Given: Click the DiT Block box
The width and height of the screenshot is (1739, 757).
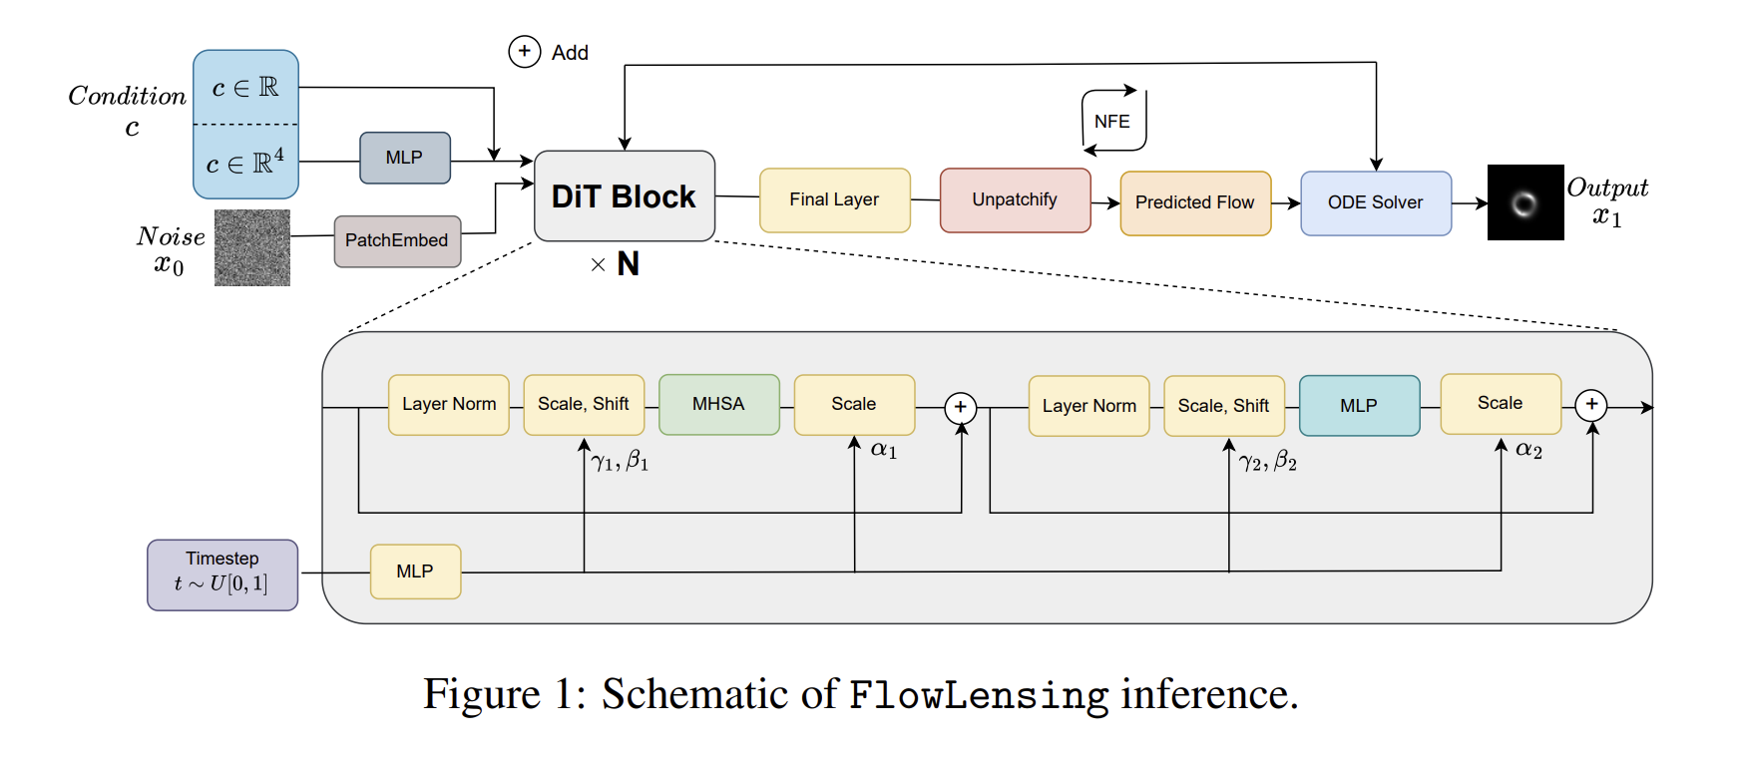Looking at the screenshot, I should pyautogui.click(x=625, y=196).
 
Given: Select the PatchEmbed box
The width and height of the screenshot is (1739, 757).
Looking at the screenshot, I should pyautogui.click(x=397, y=240).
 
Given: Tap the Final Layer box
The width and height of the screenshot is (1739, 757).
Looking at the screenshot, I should pyautogui.click(x=834, y=200).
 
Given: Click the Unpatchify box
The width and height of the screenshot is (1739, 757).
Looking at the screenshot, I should pyautogui.click(x=1015, y=200).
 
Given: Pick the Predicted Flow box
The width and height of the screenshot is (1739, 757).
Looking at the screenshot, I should pyautogui.click(x=1195, y=202).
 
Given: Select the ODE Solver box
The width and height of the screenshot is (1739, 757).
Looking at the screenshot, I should pyautogui.click(x=1375, y=202).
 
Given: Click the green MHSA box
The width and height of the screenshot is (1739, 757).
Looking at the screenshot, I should pyautogui.click(x=718, y=404).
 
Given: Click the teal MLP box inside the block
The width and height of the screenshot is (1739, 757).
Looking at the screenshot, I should pyautogui.click(x=1359, y=406).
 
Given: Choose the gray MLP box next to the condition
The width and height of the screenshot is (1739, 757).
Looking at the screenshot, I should pyautogui.click(x=404, y=158).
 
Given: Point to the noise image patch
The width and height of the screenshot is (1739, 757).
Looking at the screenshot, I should pyautogui.click(x=252, y=247).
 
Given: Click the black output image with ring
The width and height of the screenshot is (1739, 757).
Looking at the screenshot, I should pyautogui.click(x=1525, y=202).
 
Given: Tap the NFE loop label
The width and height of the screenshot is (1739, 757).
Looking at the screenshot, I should pyautogui.click(x=1112, y=122).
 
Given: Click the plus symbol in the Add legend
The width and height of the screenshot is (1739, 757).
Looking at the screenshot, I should pyautogui.click(x=525, y=52).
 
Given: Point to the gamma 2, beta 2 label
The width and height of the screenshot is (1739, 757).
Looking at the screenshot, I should pyautogui.click(x=1268, y=461).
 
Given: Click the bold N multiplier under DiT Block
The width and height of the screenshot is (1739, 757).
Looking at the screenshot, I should pyautogui.click(x=628, y=264).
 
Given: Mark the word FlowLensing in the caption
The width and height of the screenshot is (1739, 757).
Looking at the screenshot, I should pyautogui.click(x=978, y=695).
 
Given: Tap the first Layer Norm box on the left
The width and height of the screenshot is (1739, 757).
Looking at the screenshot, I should pyautogui.click(x=449, y=404).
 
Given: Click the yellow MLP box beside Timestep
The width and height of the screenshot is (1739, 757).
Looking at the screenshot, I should pyautogui.click(x=415, y=571).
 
